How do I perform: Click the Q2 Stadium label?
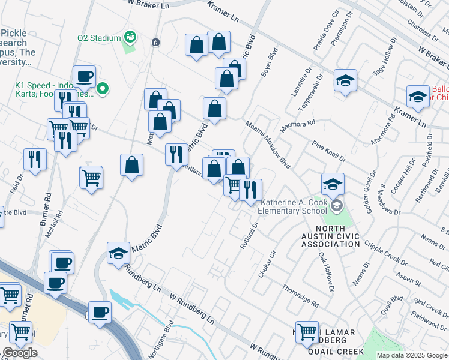tap(99, 38)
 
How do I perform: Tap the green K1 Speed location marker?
tap(103, 90)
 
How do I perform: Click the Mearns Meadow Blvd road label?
tap(268, 144)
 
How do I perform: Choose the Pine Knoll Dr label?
tap(328, 151)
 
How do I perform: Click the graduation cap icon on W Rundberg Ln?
tap(118, 253)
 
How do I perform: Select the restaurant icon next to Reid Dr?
tap(35, 160)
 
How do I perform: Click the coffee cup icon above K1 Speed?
tap(85, 76)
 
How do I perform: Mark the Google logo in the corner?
tap(20, 353)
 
